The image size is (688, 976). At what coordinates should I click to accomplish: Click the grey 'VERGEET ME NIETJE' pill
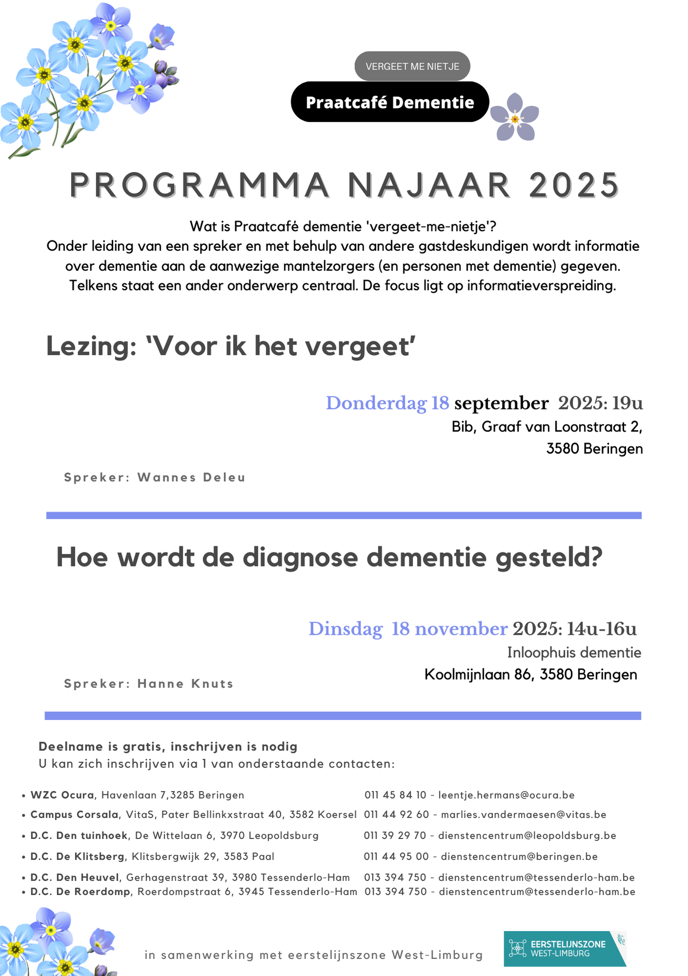(x=412, y=66)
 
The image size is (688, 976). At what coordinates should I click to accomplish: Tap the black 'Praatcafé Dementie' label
(x=390, y=102)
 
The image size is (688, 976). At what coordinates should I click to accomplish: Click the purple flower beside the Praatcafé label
(x=515, y=118)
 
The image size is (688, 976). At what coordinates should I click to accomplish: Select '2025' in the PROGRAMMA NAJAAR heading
(x=574, y=185)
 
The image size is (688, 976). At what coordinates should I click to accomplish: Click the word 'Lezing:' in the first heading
(x=91, y=346)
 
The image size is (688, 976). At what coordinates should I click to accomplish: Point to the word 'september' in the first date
(x=501, y=404)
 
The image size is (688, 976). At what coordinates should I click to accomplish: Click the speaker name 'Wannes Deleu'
(x=191, y=477)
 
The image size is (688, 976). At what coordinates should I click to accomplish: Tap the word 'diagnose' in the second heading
(x=300, y=557)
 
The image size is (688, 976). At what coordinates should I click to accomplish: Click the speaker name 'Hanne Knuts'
(x=186, y=684)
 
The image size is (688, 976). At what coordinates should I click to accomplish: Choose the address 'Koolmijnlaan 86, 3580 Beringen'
(x=531, y=674)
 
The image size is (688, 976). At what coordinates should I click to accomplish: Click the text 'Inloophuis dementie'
(x=574, y=652)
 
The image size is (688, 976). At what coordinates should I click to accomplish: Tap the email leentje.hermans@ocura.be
(x=506, y=795)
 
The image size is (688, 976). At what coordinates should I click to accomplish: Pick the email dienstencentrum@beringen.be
(x=519, y=856)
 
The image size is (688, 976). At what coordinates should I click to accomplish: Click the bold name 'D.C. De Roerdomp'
(x=80, y=892)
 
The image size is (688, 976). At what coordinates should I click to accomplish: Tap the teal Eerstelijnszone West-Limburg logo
(x=564, y=949)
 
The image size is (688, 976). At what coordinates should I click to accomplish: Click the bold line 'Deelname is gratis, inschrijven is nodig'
(x=168, y=747)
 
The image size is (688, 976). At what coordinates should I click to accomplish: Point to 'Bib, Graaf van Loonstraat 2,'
(x=546, y=427)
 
